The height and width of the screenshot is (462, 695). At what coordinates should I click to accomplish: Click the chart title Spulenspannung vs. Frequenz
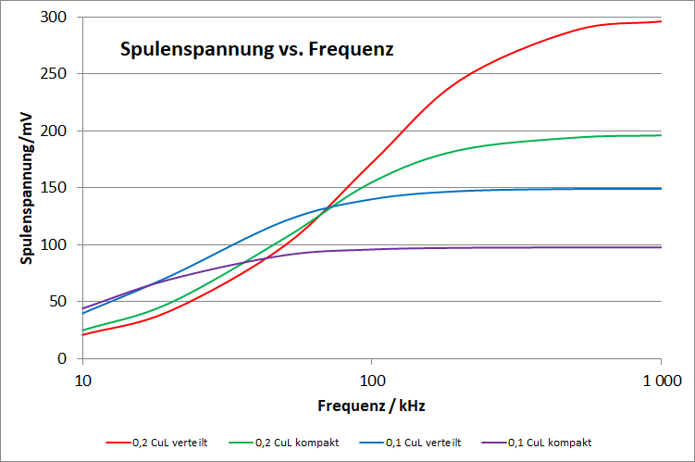coord(257,49)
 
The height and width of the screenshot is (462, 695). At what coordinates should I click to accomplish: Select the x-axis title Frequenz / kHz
coord(372,406)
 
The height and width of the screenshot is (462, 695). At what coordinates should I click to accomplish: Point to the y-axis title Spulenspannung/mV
coord(28,188)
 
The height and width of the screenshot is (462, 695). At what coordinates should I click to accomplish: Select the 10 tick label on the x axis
coord(82,380)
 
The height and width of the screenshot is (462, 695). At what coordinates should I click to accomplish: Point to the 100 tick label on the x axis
coord(371,380)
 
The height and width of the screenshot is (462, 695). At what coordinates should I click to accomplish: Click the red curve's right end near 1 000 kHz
coord(660,21)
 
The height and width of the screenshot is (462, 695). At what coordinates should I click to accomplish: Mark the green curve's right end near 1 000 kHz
coord(660,135)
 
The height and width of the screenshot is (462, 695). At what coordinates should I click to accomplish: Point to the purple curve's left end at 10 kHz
coord(83,308)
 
